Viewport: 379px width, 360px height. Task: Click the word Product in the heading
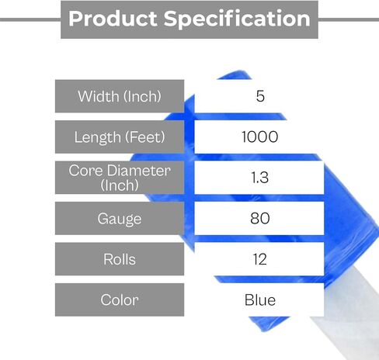point(113,19)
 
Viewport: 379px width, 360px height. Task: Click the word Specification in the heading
point(237,19)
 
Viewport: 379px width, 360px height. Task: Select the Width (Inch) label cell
point(120,96)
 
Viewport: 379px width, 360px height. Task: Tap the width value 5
point(260,96)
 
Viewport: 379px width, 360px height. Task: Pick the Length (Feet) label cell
point(120,137)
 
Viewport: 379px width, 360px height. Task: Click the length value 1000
point(260,137)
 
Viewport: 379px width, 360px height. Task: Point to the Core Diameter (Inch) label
point(120,178)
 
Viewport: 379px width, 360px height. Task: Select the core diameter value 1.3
point(259,178)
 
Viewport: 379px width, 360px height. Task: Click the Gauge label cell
point(120,218)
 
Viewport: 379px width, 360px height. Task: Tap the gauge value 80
point(260,218)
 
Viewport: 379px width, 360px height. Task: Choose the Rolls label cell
point(120,259)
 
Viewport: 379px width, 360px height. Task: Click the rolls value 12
point(260,259)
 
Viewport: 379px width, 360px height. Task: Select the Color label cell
point(120,299)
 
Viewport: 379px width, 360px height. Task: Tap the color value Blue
point(260,300)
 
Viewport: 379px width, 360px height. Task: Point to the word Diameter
point(139,171)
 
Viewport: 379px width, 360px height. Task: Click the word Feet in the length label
point(145,137)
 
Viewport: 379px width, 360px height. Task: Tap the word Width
point(99,96)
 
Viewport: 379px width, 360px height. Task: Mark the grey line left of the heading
point(30,19)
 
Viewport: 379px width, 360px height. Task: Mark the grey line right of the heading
point(349,19)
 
